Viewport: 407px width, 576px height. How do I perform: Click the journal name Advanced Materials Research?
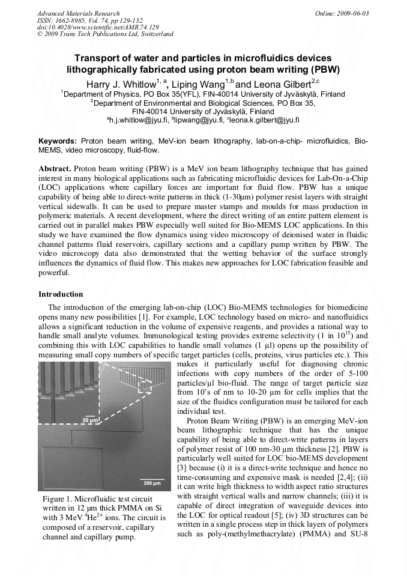pyautogui.click(x=78, y=13)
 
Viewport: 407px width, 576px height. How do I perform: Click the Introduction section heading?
pyautogui.click(x=61, y=294)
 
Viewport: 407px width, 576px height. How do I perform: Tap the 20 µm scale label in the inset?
pyautogui.click(x=90, y=420)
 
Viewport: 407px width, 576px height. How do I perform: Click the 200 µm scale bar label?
pyautogui.click(x=152, y=482)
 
